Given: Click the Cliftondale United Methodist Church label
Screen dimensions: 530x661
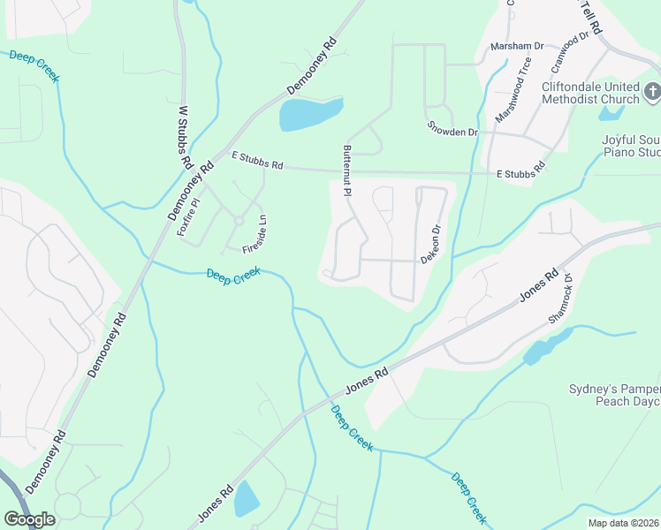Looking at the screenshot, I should coord(589,93).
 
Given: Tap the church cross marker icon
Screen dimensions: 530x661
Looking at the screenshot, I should coord(652,91).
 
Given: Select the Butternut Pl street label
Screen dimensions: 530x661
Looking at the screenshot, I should coord(347,168).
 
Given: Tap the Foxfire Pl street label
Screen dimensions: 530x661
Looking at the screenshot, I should coord(188,216).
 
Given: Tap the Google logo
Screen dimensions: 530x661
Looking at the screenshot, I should coord(29,519).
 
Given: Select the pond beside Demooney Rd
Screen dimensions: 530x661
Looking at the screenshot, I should coord(309,114).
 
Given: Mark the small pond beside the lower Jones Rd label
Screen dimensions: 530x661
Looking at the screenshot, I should coord(247,500).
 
